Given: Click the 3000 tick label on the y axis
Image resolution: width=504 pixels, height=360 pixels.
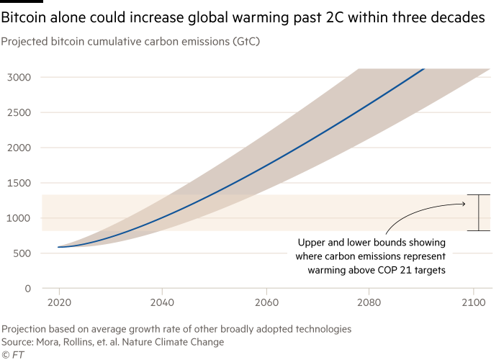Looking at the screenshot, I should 19,77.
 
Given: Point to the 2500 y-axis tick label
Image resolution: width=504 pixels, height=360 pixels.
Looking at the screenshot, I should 19,112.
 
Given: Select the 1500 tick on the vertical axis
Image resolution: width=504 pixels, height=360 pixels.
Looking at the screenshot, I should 19,183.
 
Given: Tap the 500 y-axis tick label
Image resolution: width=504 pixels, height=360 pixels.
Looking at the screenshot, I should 22,253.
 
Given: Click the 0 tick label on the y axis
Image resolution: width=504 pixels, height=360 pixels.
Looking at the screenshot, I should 28,289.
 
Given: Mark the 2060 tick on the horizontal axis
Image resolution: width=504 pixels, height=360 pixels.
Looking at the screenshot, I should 266,303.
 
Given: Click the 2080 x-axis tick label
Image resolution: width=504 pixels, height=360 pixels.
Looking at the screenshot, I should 369,303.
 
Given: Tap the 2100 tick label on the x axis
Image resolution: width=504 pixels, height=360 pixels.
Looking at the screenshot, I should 473,303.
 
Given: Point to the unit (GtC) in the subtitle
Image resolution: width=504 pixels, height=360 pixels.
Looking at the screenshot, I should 244,41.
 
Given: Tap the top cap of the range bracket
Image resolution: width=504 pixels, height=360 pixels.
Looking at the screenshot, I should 478,195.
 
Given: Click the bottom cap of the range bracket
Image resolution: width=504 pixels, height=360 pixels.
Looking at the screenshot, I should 478,230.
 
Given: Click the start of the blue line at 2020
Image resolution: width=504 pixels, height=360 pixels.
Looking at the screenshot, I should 58,247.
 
